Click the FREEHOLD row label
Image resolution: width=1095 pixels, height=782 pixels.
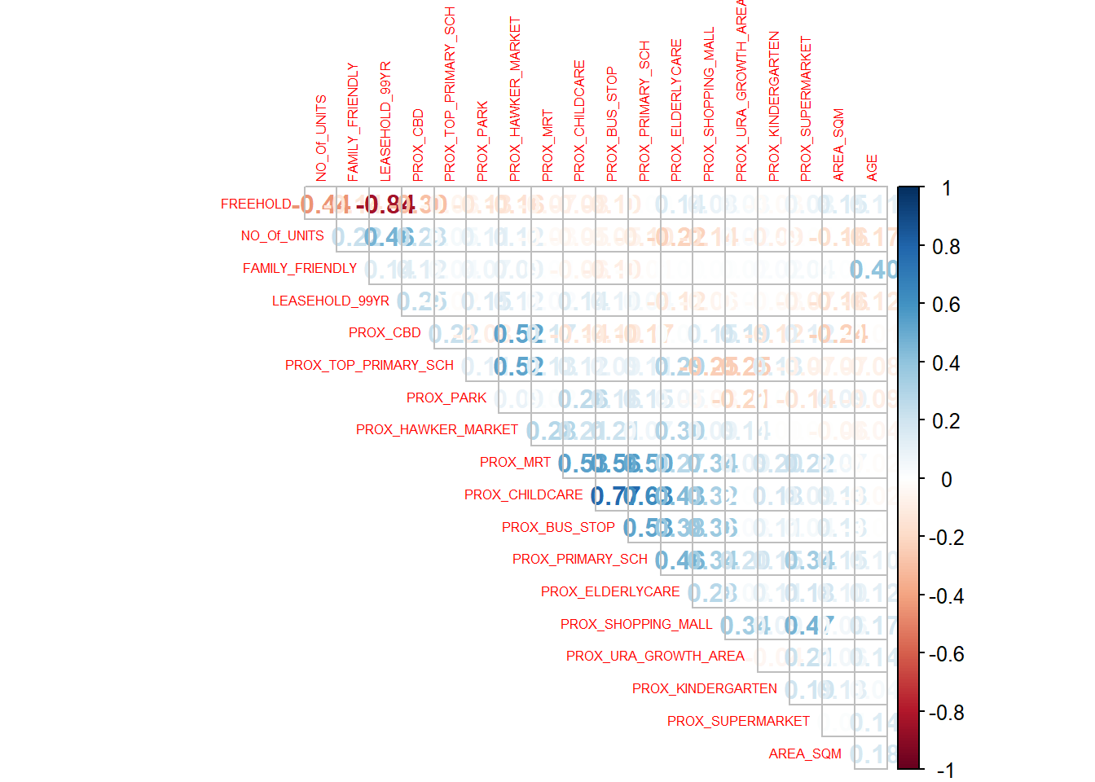tap(256, 204)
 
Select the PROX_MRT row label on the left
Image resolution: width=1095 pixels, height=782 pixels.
tap(515, 462)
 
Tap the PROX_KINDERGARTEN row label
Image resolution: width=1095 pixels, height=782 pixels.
tap(704, 688)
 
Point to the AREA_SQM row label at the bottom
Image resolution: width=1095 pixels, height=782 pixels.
tap(805, 753)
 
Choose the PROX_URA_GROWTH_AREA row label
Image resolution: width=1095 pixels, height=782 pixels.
tap(655, 656)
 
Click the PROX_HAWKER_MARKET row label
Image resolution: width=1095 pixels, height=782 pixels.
tap(437, 429)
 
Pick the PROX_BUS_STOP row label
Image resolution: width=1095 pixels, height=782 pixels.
tap(558, 527)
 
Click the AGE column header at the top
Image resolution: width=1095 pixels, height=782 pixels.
tap(872, 167)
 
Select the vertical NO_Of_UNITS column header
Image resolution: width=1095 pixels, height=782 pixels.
tap(321, 138)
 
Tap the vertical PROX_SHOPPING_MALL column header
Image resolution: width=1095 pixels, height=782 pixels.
tap(709, 104)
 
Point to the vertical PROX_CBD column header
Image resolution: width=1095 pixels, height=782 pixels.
tap(418, 145)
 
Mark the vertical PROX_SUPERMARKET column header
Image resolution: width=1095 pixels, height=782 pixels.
tap(806, 108)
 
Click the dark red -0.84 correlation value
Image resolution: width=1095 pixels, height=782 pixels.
tap(385, 204)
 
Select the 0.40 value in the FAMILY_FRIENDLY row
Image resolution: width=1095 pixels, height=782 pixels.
tap(873, 269)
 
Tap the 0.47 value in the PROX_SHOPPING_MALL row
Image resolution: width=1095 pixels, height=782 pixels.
tap(808, 625)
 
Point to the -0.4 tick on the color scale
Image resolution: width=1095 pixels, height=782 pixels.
tap(946, 596)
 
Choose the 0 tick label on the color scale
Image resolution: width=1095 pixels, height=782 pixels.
tap(946, 480)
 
